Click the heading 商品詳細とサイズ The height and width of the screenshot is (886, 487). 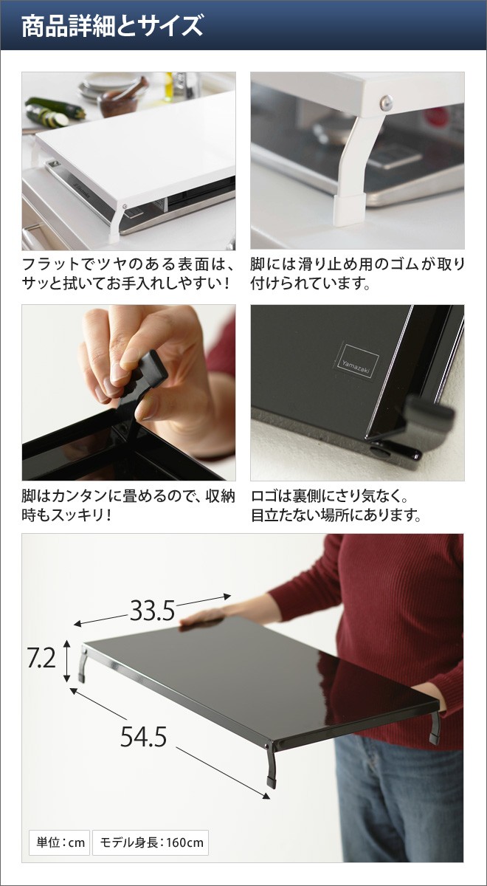pyautogui.click(x=112, y=26)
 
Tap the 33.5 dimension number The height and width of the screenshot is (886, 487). pyautogui.click(x=153, y=611)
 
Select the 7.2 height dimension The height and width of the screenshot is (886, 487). pyautogui.click(x=41, y=657)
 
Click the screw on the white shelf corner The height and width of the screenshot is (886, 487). pyautogui.click(x=385, y=103)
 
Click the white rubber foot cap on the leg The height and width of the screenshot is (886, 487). pyautogui.click(x=348, y=210)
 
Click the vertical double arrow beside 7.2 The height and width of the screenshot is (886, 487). pyautogui.click(x=67, y=661)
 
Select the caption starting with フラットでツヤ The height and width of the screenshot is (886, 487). pyautogui.click(x=128, y=274)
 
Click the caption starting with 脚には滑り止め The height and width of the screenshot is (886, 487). pyautogui.click(x=357, y=274)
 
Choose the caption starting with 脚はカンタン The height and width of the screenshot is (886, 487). pyautogui.click(x=128, y=505)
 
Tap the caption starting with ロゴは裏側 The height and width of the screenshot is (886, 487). pyautogui.click(x=336, y=505)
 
